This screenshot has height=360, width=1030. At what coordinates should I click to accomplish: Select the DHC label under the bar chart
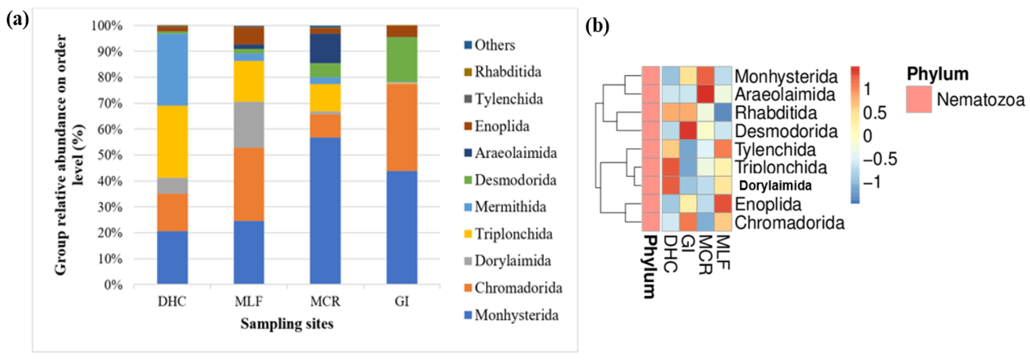tap(172, 301)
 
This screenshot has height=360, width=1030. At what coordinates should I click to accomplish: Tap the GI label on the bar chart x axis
tap(402, 301)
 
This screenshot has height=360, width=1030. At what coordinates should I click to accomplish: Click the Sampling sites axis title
tap(287, 324)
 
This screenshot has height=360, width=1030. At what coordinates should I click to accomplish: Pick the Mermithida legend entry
tap(510, 207)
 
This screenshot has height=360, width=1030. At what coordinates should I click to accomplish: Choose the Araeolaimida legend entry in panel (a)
tap(515, 153)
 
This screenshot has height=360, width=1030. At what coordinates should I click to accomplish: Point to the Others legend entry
tap(494, 45)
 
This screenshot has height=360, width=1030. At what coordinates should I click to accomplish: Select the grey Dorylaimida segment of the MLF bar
tap(249, 125)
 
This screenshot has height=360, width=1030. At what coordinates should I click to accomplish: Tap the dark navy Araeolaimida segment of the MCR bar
tap(325, 48)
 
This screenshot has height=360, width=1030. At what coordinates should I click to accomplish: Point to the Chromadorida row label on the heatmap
tap(789, 223)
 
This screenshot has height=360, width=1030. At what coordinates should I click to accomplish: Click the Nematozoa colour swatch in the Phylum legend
tap(919, 99)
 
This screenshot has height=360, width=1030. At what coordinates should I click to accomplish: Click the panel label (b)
tap(597, 26)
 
